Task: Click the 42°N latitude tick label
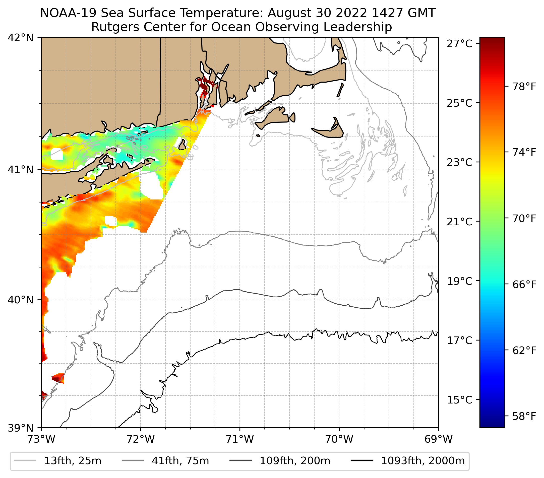tap(21, 38)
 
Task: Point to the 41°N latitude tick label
tap(21, 169)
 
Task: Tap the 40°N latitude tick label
tap(21, 300)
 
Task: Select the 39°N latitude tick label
tap(21, 428)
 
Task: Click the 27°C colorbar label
tap(460, 44)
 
